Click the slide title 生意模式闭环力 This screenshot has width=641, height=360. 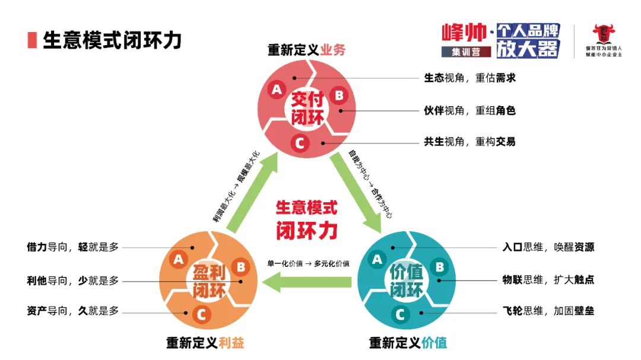112,40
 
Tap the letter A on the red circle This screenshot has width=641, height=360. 276,90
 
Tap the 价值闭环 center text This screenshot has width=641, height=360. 407,280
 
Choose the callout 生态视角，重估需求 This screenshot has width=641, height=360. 469,78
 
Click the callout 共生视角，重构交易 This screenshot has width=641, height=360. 469,141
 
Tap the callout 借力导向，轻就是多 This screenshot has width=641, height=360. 72,247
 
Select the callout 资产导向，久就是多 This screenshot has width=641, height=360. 72,310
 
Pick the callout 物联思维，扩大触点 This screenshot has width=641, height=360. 548,279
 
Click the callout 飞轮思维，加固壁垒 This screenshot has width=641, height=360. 548,311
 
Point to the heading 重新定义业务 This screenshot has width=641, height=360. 306,50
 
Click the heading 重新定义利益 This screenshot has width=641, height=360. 205,343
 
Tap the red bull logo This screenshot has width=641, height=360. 605,35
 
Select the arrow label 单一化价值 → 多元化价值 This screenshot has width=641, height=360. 308,263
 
